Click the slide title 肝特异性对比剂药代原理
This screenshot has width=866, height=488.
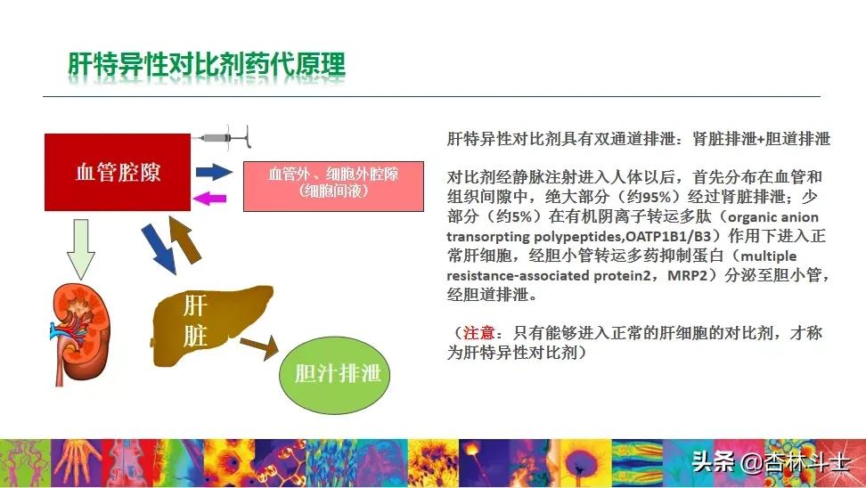pyautogui.click(x=207, y=65)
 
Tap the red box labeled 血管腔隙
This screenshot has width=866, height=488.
pyautogui.click(x=118, y=172)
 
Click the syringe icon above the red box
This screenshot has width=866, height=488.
pyautogui.click(x=226, y=136)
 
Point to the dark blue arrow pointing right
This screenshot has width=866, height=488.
pyautogui.click(x=214, y=172)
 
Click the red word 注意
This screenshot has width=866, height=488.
pyautogui.click(x=479, y=333)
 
